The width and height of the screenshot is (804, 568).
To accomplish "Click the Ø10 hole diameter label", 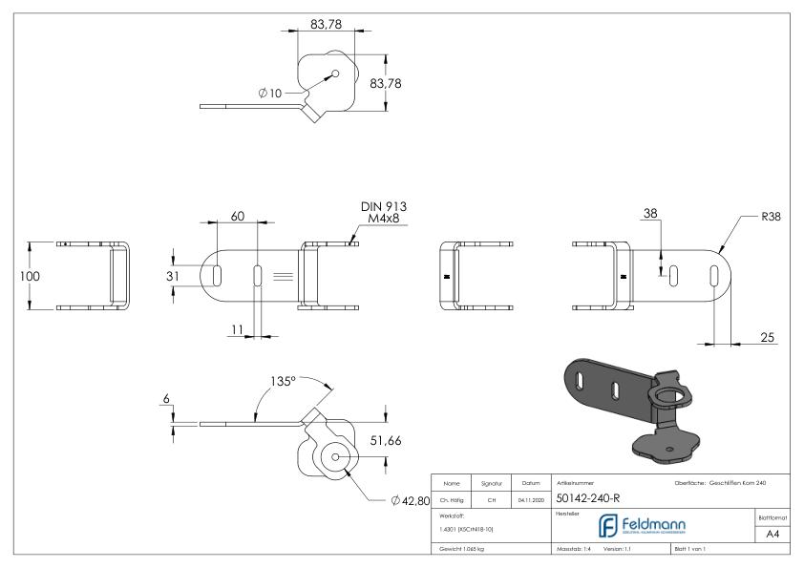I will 270,93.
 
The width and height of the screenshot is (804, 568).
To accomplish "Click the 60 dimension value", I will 239,217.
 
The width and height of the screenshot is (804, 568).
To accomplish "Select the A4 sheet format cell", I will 776,536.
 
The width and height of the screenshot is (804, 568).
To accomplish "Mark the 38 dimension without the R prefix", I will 651,215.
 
